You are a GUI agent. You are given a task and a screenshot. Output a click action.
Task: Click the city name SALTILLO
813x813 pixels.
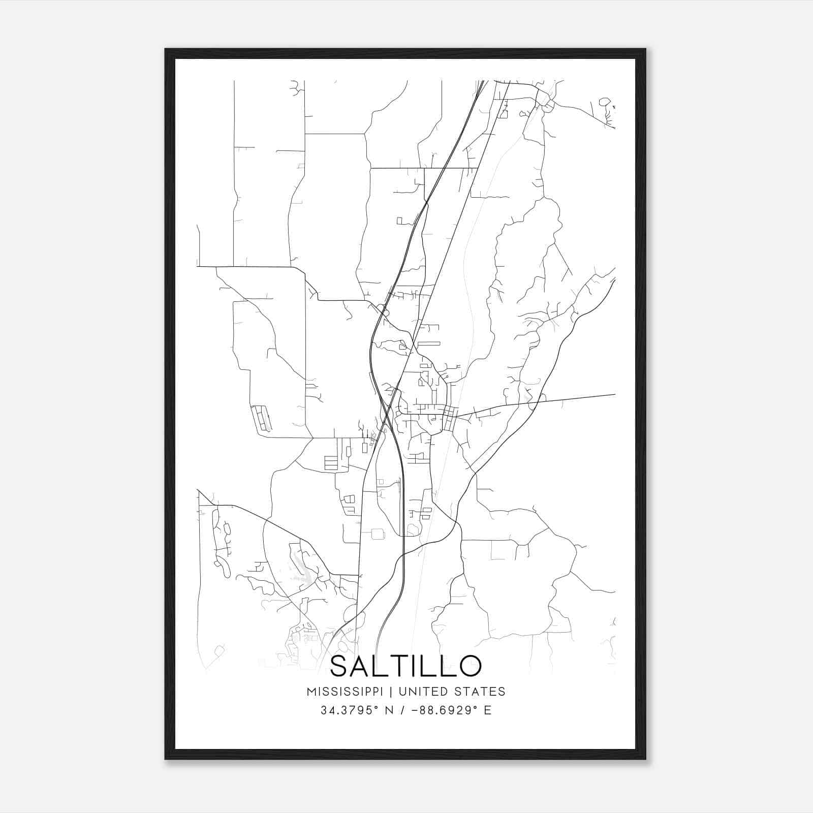pyautogui.click(x=405, y=666)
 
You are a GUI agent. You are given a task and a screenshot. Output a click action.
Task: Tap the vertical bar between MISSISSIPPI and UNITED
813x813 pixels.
pyautogui.click(x=392, y=692)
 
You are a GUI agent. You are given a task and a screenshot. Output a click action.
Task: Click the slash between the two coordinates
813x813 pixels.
pyautogui.click(x=402, y=710)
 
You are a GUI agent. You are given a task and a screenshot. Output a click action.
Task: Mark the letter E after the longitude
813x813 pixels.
pyautogui.click(x=488, y=710)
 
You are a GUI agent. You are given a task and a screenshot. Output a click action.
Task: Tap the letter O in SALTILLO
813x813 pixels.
pyautogui.click(x=468, y=666)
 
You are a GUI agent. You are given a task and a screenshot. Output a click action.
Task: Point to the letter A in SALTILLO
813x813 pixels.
pyautogui.click(x=365, y=666)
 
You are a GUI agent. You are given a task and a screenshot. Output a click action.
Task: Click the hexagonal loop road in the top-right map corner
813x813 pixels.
pyautogui.click(x=604, y=102)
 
